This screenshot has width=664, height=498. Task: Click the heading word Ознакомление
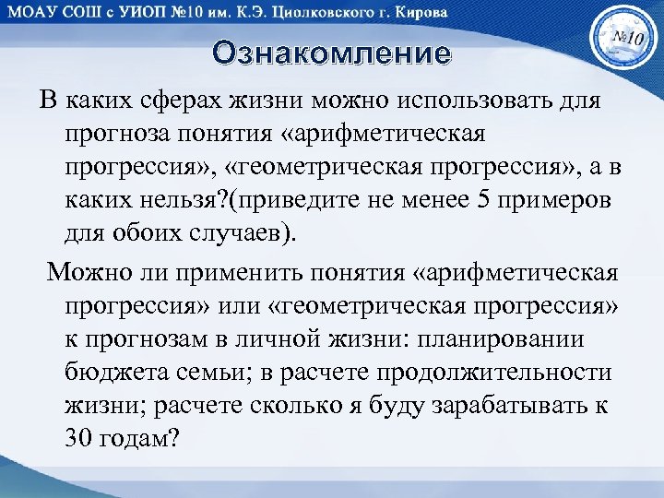(x=332, y=53)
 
